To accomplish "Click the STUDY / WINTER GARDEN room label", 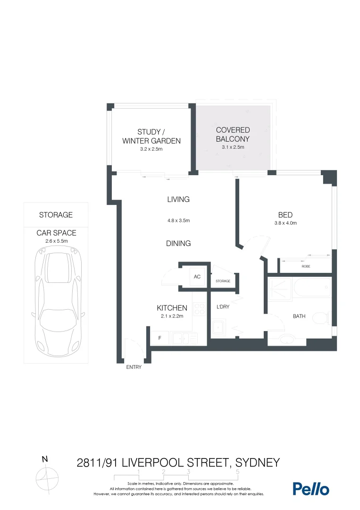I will coord(151,136).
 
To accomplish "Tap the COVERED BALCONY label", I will coord(233,134).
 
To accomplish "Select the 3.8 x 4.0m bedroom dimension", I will coord(285,223).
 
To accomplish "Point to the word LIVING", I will coord(178,199).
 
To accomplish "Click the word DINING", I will coord(178,243).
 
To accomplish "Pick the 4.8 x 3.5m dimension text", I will coord(178,221).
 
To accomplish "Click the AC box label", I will coord(197,277).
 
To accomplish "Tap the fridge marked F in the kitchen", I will coord(159,338).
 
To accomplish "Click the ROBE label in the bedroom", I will coord(306,266).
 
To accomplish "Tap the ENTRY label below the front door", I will coord(134,367).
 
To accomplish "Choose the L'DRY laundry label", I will coord(223,307).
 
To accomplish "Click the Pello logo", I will coord(310,489).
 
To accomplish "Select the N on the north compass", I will coord(45,459).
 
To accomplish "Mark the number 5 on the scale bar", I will coord(237,472).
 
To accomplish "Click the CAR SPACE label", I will coord(56,233).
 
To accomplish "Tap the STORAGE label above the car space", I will coord(56,215).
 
